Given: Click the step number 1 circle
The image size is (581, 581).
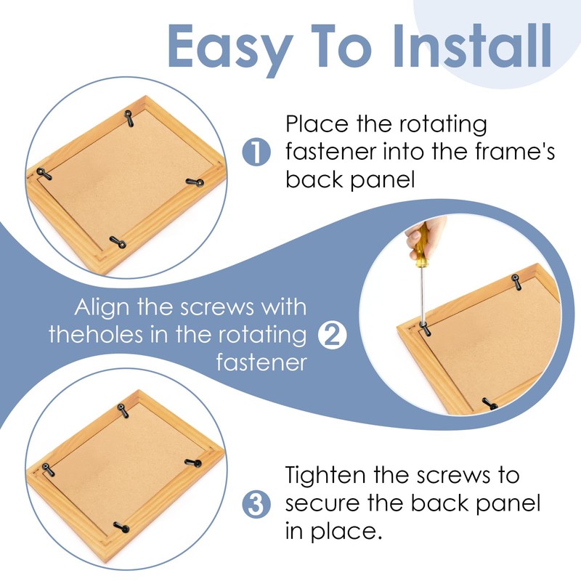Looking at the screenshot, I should (x=256, y=153).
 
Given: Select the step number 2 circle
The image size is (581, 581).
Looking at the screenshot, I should (x=333, y=336).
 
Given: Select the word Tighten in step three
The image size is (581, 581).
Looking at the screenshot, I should (x=330, y=476).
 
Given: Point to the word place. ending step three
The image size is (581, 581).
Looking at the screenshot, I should (x=354, y=532).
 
